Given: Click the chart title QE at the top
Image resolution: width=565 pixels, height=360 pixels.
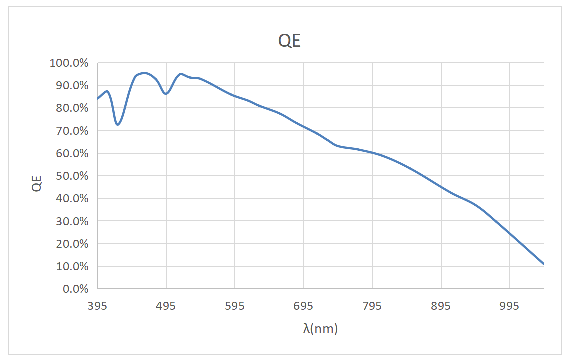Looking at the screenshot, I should pyautogui.click(x=290, y=41).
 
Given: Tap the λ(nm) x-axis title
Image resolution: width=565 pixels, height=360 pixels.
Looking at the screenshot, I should pyautogui.click(x=320, y=329).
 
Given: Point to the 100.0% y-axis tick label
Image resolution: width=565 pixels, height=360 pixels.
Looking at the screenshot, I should pyautogui.click(x=69, y=63).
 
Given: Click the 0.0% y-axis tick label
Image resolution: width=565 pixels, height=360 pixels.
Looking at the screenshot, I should pyautogui.click(x=74, y=289).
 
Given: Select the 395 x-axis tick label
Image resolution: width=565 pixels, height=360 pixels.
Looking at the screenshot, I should pyautogui.click(x=97, y=306).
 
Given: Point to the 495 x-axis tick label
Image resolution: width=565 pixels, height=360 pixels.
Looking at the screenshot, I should pyautogui.click(x=166, y=306).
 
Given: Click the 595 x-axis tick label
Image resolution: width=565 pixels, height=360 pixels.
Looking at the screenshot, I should pyautogui.click(x=235, y=306).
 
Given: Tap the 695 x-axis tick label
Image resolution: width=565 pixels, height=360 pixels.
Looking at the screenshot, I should pyautogui.click(x=304, y=306).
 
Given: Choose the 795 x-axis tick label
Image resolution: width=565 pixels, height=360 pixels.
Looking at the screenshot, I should pyautogui.click(x=372, y=306).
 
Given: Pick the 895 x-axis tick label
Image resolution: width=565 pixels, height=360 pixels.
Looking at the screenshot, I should pyautogui.click(x=441, y=306).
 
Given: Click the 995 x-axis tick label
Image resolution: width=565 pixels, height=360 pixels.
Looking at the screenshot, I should pyautogui.click(x=510, y=306).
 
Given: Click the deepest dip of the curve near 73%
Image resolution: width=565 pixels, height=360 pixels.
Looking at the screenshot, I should pyautogui.click(x=117, y=124).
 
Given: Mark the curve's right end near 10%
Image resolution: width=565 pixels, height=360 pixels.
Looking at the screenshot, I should pyautogui.click(x=544, y=264).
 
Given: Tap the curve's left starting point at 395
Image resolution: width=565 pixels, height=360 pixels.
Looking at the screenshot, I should pyautogui.click(x=98, y=99).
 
